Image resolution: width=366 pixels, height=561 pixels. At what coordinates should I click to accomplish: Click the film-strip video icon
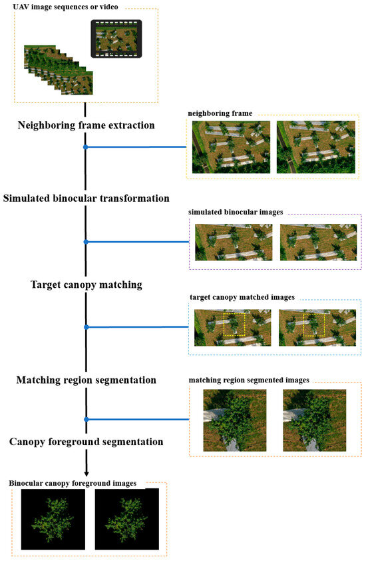click(116, 40)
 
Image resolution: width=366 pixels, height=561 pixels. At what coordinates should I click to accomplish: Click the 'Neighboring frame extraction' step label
click(87, 125)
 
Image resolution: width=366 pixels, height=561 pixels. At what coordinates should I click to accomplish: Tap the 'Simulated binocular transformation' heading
click(86, 199)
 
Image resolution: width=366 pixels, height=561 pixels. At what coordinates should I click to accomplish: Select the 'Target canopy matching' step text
click(87, 284)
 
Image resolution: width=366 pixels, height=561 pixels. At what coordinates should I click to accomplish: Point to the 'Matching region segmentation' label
click(87, 380)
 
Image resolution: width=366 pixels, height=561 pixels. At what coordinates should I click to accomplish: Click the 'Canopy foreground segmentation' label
click(87, 442)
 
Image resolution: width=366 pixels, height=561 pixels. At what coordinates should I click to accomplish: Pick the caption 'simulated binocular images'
click(236, 211)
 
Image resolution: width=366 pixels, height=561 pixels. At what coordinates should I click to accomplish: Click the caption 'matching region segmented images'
click(249, 380)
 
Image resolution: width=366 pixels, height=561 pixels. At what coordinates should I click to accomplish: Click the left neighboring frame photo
click(231, 147)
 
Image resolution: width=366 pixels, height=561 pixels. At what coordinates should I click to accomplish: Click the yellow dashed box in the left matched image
click(234, 325)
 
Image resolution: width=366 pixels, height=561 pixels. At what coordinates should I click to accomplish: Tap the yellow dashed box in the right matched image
click(313, 325)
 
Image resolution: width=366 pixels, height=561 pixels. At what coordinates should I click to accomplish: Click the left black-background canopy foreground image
click(53, 520)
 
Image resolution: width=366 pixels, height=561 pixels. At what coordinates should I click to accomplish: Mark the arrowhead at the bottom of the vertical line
click(87, 472)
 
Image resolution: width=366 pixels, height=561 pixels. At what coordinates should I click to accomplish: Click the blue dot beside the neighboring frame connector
click(86, 147)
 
